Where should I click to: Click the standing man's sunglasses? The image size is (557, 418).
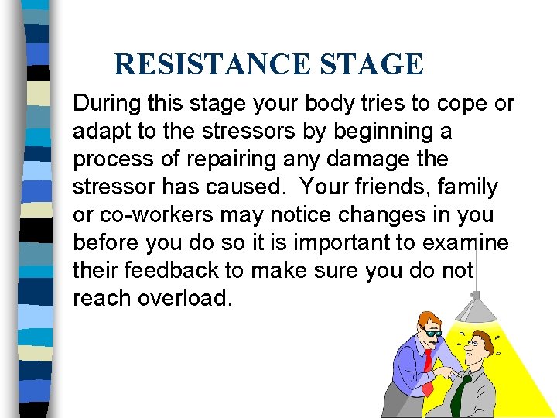(x=433, y=332)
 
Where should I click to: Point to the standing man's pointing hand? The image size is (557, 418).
(x=448, y=373)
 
